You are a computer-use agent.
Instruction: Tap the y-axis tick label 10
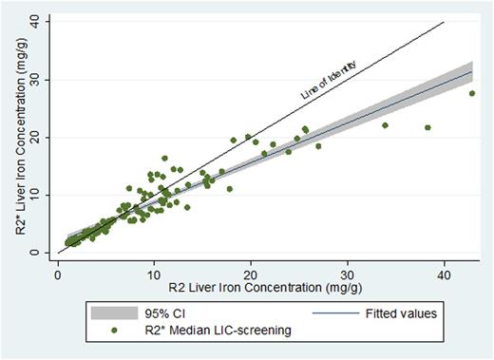pyautogui.click(x=34, y=195)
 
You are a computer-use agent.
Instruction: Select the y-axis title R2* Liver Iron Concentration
pyautogui.click(x=12, y=138)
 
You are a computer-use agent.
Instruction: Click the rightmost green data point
pyautogui.click(x=471, y=93)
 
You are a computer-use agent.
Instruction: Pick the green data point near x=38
pyautogui.click(x=427, y=127)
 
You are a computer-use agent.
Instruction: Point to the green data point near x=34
pyautogui.click(x=385, y=125)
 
